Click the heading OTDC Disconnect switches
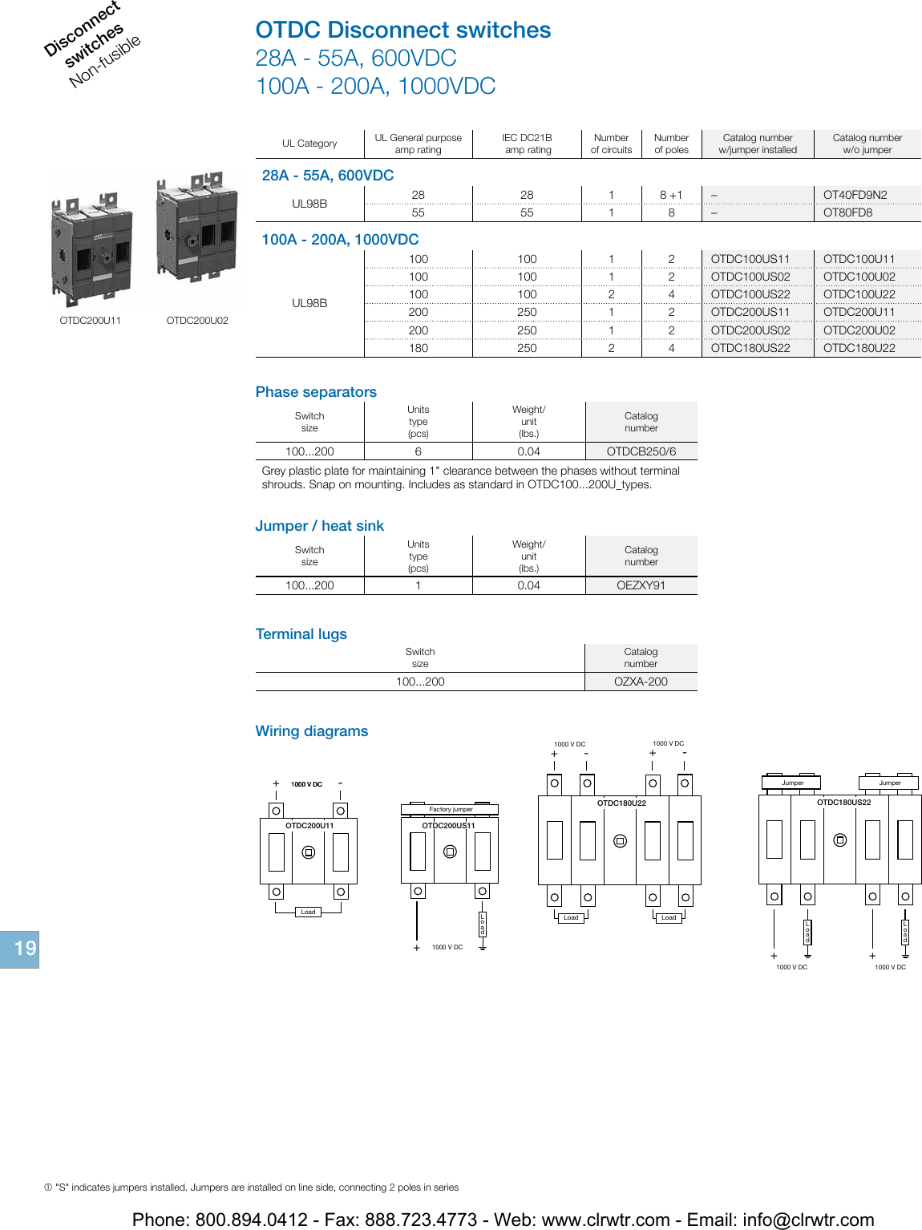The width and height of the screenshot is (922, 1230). (402, 30)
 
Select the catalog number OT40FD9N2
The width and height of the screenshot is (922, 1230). (855, 195)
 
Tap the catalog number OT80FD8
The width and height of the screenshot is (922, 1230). (847, 212)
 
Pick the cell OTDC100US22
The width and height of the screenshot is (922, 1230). (750, 294)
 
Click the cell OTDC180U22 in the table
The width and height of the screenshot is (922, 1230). (859, 348)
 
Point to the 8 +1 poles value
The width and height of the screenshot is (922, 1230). (671, 195)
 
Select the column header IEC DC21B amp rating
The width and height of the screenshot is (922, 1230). (528, 144)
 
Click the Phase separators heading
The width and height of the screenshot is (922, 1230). (316, 392)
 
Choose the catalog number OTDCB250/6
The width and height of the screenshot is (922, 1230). (641, 451)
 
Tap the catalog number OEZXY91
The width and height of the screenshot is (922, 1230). (641, 585)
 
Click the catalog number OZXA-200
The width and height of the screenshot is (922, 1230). (641, 682)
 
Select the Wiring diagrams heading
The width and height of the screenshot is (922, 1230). (311, 731)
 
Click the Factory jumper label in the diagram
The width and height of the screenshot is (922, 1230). (451, 809)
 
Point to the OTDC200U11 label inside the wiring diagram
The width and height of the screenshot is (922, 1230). (309, 825)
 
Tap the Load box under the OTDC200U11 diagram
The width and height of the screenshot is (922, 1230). (308, 912)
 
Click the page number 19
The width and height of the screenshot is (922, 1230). (24, 949)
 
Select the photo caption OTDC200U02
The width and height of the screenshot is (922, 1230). (197, 321)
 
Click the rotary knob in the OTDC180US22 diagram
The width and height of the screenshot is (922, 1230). (839, 840)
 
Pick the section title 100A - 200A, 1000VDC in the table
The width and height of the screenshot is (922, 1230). (340, 240)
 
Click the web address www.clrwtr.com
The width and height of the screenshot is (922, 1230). (605, 1220)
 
